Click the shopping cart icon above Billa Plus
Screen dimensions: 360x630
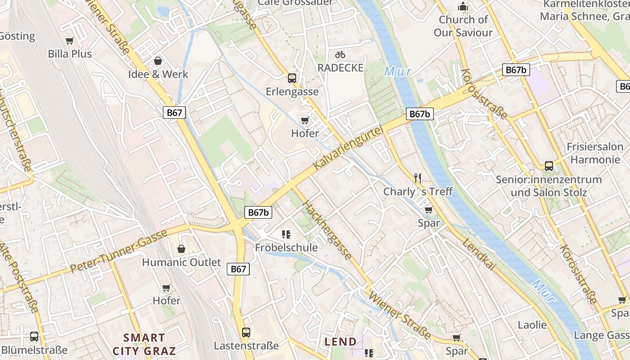[70, 41]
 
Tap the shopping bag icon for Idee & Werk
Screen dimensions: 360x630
[158, 61]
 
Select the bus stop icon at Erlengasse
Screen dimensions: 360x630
[292, 78]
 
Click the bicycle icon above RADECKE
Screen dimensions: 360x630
[340, 54]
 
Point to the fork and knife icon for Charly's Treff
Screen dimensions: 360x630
[418, 178]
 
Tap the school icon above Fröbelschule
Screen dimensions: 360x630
[286, 234]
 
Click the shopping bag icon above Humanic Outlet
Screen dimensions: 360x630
[181, 249]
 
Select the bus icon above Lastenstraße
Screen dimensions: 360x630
[246, 333]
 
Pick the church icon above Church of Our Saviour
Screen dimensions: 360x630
[463, 7]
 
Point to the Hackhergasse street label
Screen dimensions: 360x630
[327, 230]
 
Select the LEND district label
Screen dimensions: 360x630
[341, 342]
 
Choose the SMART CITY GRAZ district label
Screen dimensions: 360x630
[144, 344]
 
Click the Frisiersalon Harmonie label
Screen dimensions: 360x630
[595, 153]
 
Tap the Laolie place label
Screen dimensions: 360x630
[532, 325]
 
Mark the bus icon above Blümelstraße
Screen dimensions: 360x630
[34, 337]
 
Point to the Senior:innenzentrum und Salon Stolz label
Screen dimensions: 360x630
[549, 186]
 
